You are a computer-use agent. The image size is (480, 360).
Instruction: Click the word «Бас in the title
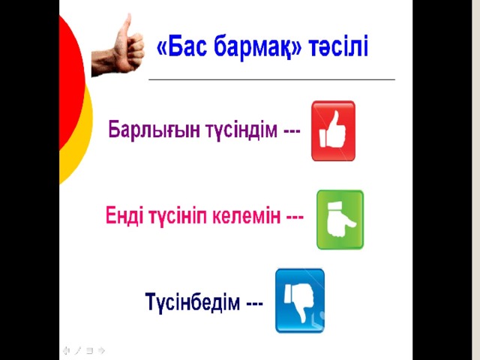[181, 46]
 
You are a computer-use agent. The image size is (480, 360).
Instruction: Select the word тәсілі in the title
[338, 46]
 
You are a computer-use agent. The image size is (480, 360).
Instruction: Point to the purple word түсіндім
[241, 130]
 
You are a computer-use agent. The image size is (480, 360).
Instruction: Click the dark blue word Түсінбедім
[193, 301]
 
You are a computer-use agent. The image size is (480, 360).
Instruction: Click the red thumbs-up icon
[333, 130]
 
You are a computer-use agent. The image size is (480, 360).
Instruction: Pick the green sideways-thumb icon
[340, 220]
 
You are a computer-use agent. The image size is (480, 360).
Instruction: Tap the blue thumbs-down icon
[300, 301]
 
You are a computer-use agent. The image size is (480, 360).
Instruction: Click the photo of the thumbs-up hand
[118, 45]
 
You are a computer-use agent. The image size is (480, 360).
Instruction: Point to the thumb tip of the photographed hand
[129, 15]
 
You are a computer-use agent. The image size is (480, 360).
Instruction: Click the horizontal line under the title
[271, 79]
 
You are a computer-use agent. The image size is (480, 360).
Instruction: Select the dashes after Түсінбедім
[255, 303]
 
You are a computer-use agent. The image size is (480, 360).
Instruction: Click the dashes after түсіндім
[292, 132]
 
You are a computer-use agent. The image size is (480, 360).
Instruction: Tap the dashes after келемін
[295, 217]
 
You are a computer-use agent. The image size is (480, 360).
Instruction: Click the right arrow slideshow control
[102, 350]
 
